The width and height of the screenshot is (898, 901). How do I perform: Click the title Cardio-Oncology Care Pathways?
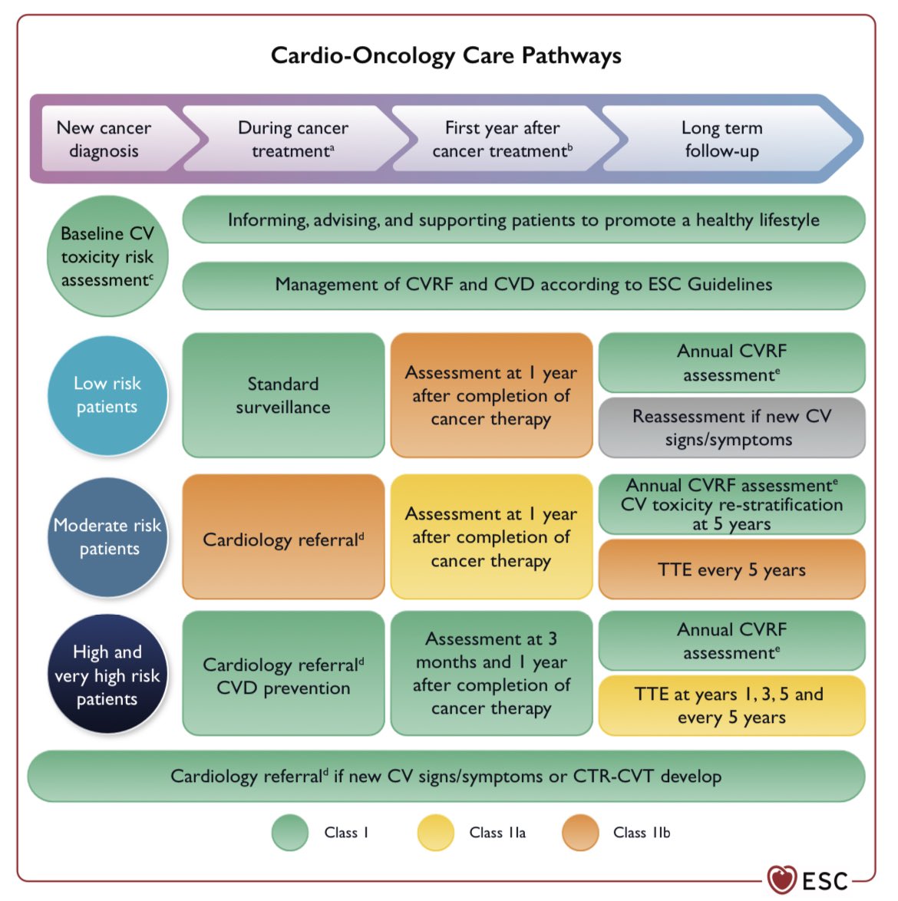tap(446, 56)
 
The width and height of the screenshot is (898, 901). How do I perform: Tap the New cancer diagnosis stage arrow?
tap(104, 139)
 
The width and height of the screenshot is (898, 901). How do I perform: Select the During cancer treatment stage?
tap(293, 139)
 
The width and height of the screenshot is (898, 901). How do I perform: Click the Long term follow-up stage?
tap(721, 139)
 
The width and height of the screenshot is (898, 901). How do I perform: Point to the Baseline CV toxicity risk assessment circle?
tap(107, 256)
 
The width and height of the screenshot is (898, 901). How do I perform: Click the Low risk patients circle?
tap(107, 394)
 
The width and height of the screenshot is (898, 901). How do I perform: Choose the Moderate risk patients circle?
tap(107, 536)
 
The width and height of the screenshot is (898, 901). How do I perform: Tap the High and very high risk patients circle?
tap(107, 675)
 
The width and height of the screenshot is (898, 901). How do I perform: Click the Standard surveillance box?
tap(283, 395)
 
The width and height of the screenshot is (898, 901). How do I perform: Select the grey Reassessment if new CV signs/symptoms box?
tap(731, 427)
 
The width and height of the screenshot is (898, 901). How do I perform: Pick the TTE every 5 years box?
tap(731, 569)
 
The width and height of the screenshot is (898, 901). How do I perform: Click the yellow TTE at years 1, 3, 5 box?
tap(731, 705)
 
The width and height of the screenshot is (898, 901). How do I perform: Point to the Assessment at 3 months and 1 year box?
tap(491, 673)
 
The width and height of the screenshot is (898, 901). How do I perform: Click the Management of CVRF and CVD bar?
tap(523, 285)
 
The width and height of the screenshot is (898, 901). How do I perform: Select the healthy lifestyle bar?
tap(523, 220)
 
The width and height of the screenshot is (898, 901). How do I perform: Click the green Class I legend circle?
tap(290, 833)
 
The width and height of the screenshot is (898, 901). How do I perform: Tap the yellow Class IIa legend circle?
tap(436, 833)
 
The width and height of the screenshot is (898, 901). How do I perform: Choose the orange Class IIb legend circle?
tap(580, 833)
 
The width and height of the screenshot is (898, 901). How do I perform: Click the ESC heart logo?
tap(782, 880)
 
